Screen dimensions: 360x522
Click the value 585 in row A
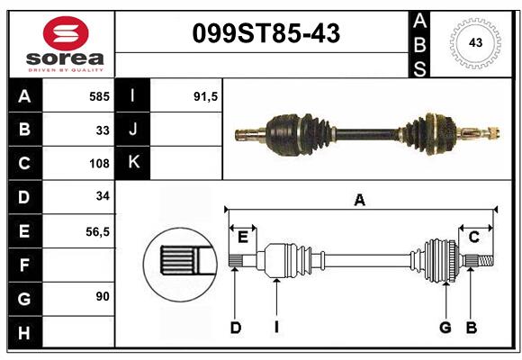point(99,96)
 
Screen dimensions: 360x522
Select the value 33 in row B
point(103,130)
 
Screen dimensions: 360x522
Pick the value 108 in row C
point(99,164)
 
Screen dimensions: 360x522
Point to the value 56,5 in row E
point(96,231)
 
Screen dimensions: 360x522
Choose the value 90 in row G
point(101,296)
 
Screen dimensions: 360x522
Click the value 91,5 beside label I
point(206,96)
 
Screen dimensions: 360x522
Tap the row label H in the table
point(24,333)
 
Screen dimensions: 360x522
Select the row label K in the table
point(133,163)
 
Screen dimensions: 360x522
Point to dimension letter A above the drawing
point(359,201)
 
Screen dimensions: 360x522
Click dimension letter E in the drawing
point(242,237)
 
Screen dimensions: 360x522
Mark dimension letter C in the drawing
point(473,237)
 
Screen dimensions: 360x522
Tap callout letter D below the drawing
point(235,328)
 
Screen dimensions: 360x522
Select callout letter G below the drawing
point(445,328)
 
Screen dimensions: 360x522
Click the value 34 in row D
point(102,196)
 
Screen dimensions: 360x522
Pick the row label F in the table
point(24,265)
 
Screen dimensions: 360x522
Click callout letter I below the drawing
point(276,328)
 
